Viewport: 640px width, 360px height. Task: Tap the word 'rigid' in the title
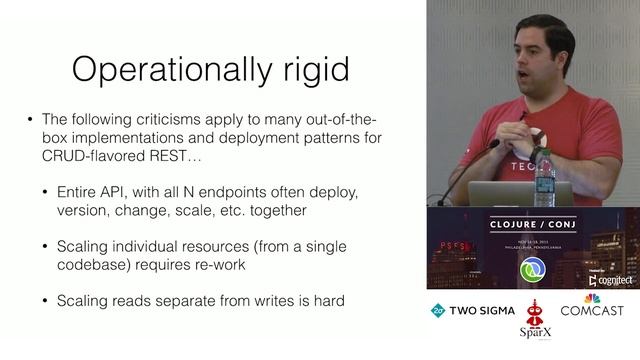tap(310, 70)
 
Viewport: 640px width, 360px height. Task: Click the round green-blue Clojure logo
tap(533, 271)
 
